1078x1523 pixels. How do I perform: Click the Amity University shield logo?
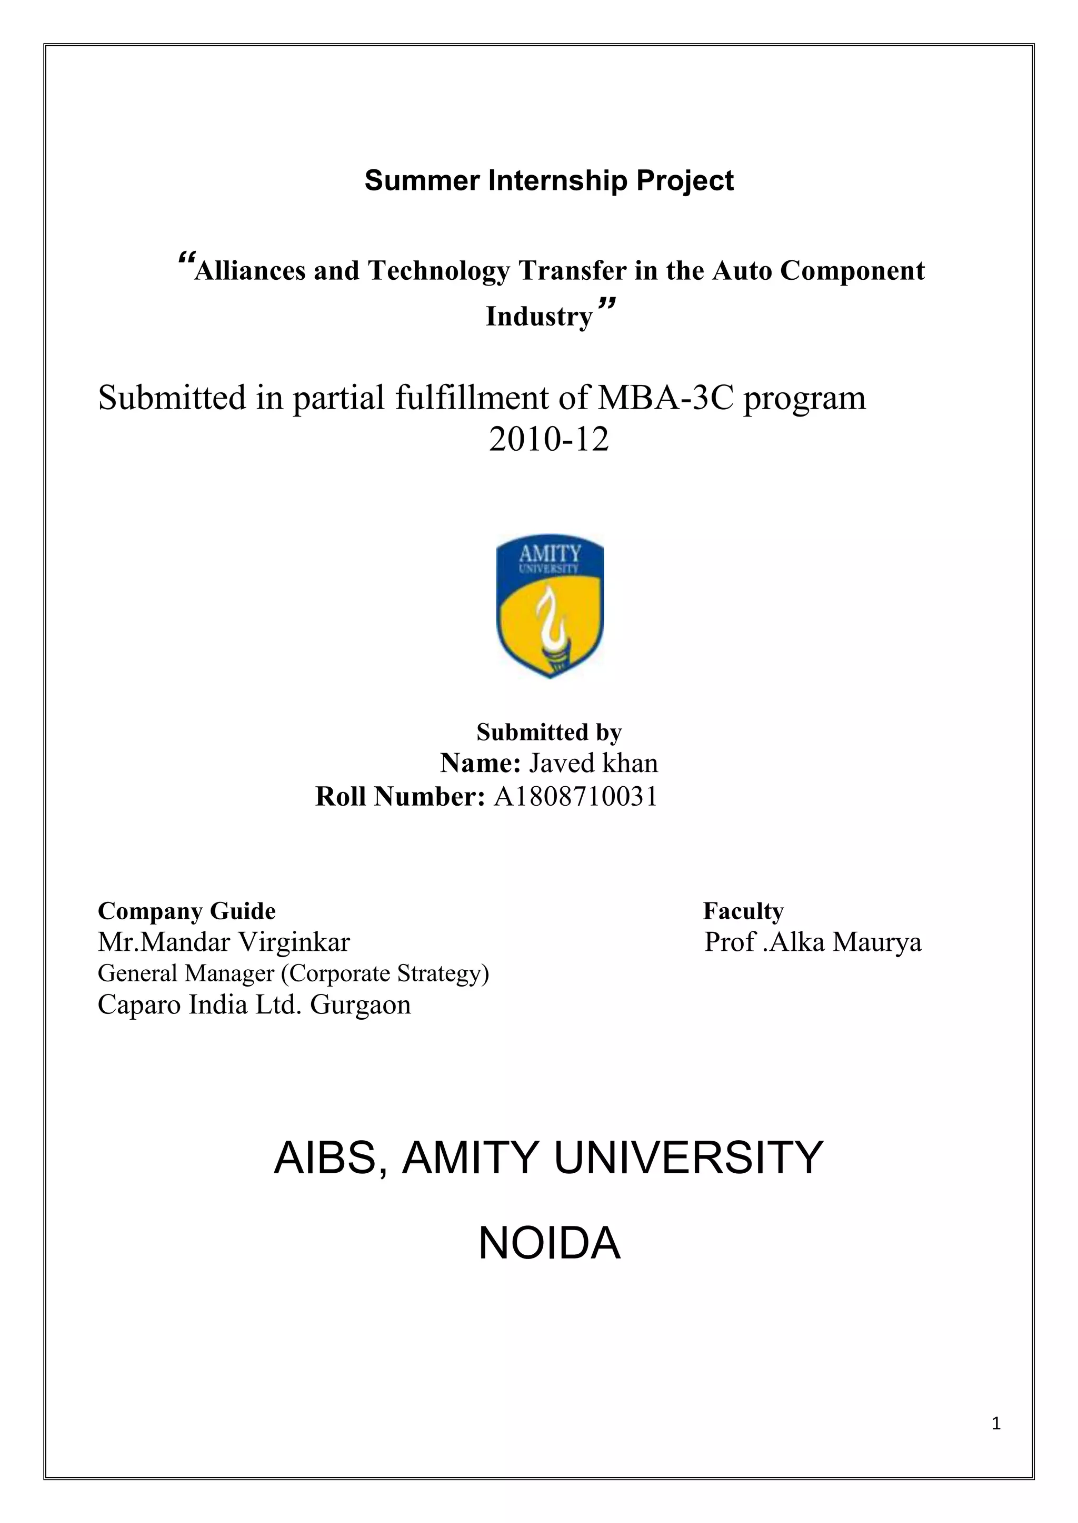pos(550,607)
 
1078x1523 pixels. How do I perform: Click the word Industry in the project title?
pos(538,317)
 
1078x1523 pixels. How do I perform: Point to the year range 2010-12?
pos(548,439)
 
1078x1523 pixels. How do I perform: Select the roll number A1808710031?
pos(575,796)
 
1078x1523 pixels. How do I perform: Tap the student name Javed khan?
pos(593,763)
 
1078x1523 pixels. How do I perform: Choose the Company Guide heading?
pos(186,911)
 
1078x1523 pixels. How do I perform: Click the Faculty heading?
pos(743,911)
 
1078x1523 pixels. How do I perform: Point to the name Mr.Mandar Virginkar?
pos(224,942)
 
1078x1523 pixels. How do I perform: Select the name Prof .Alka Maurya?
pos(813,942)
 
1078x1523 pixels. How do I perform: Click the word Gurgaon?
pos(361,1004)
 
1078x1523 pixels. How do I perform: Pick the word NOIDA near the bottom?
pos(549,1244)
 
